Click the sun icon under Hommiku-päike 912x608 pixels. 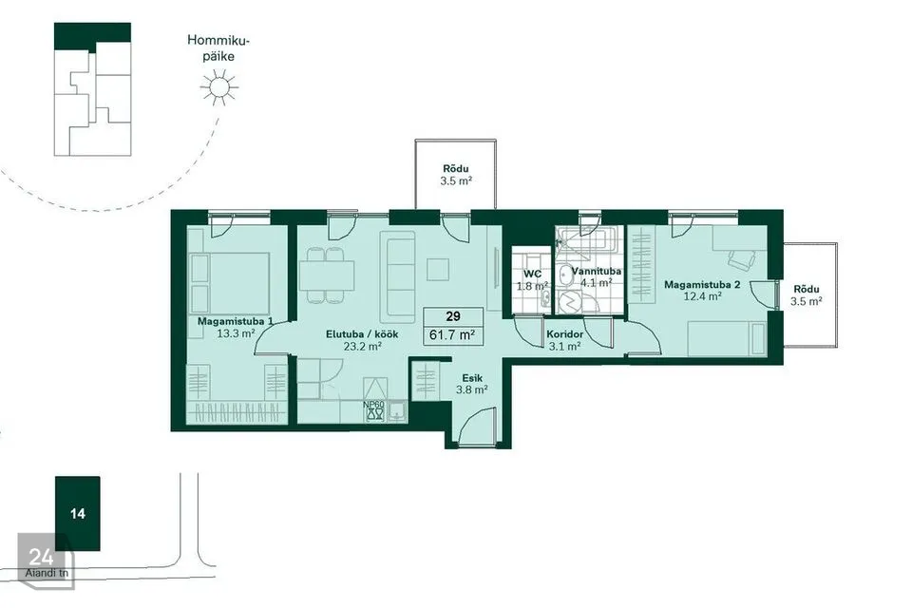219,87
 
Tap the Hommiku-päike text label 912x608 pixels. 218,48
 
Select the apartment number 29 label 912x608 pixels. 453,316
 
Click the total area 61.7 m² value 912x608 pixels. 452,334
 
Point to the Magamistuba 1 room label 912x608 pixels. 236,321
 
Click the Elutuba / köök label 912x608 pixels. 362,334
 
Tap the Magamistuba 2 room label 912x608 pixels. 702,284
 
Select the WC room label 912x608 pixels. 532,274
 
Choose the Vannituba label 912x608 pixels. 597,271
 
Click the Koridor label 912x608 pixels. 564,334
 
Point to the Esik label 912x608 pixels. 472,378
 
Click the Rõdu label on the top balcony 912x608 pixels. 456,169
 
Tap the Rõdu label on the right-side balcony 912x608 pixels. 807,289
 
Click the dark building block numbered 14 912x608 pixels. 77,513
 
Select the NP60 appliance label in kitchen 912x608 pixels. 374,405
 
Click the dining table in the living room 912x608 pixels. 327,275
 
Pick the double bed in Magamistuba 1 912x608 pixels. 229,283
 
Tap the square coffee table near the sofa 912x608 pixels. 438,270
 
